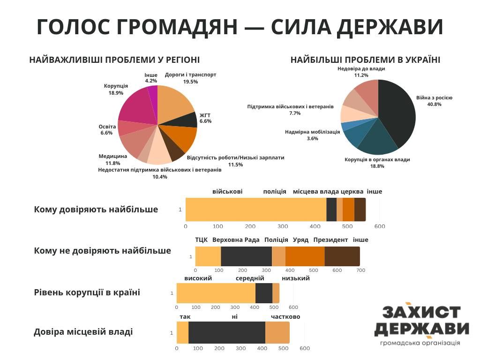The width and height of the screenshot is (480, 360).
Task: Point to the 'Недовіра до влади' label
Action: coord(361,68)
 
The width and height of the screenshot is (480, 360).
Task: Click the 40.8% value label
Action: coord(434,105)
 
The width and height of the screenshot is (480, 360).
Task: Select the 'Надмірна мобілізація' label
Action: coord(312,132)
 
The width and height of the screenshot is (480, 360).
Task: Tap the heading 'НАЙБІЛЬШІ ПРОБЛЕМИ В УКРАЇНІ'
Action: coord(365,60)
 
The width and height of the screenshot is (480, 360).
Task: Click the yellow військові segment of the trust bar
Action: coord(255,209)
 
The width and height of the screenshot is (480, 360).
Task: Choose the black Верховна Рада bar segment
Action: coord(246,256)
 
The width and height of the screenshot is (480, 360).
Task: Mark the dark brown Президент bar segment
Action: coord(342,256)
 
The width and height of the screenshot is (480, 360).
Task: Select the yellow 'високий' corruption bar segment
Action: coord(216,293)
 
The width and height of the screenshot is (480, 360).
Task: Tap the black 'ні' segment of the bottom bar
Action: coord(226,332)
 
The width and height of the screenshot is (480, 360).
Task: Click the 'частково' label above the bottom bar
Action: coord(285,317)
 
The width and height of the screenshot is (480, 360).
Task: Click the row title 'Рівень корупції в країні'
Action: coord(87,292)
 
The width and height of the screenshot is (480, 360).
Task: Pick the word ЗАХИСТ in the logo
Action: coord(421,313)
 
